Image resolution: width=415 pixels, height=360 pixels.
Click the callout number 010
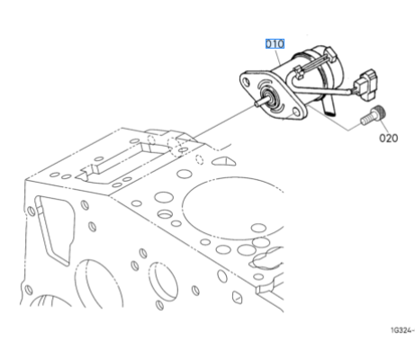coord(275,44)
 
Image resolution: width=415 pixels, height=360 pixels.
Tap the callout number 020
coord(389,138)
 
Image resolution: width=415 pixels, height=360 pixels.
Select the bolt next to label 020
coord(373,116)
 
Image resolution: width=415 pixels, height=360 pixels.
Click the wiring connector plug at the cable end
coord(366,85)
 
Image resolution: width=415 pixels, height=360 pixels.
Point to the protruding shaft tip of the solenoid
coord(257,103)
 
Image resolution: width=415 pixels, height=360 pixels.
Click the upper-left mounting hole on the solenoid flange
coord(247,81)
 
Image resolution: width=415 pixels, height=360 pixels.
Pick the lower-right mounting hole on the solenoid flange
coord(296,112)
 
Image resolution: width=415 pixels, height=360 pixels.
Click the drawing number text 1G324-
coord(402,330)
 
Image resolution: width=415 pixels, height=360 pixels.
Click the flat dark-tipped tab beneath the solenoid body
coord(330,107)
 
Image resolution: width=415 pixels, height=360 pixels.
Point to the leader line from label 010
coord(278,56)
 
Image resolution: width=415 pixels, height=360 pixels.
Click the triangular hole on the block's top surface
coord(223,161)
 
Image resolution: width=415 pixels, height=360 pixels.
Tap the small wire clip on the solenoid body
coord(298,72)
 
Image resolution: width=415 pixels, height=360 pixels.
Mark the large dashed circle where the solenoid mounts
coord(176,146)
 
